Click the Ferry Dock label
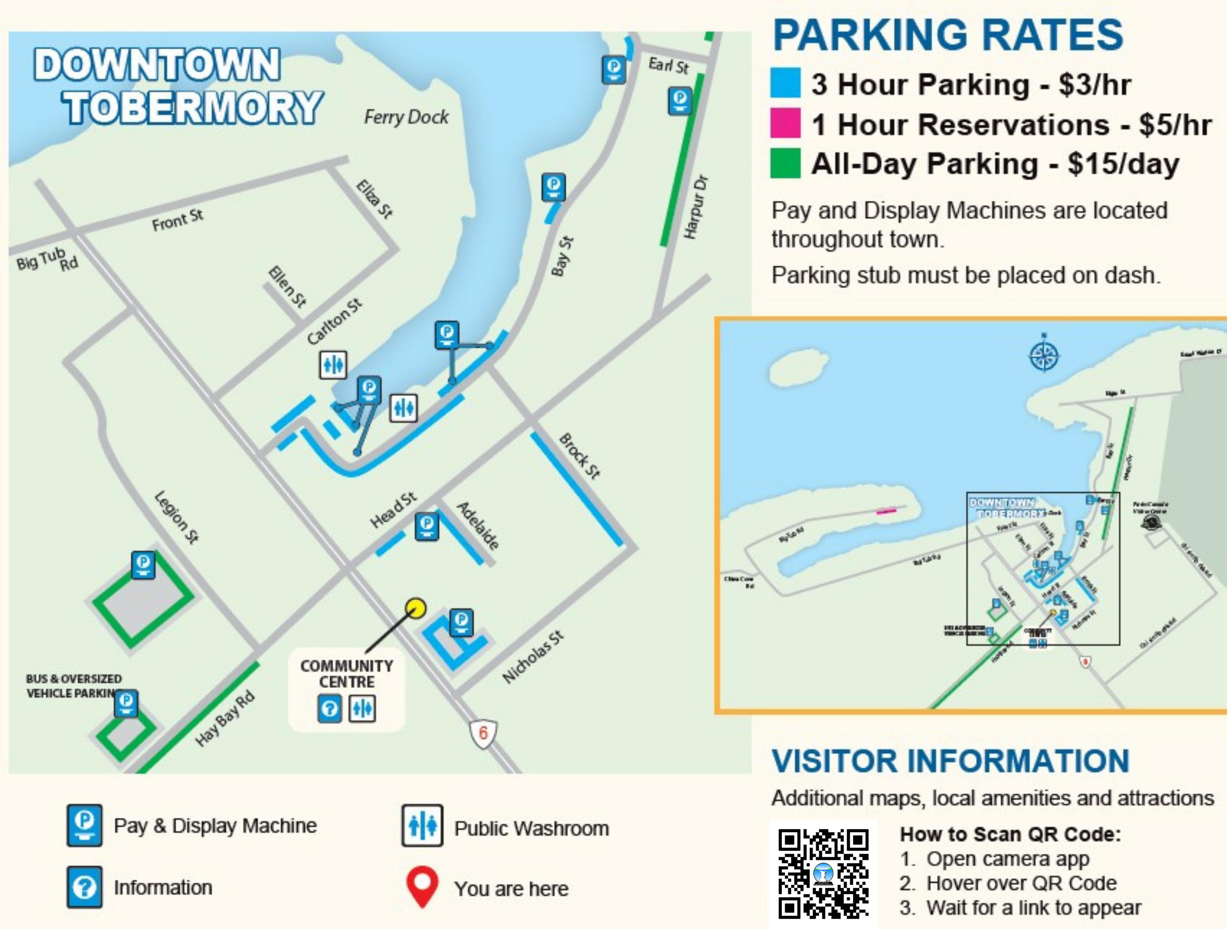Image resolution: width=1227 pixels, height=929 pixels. pos(406,117)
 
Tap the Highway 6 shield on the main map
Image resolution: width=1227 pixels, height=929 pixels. pos(483,733)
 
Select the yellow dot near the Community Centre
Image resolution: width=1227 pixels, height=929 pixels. pos(415,608)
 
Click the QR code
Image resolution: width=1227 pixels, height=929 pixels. pos(823,874)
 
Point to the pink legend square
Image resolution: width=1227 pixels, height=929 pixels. pos(785,123)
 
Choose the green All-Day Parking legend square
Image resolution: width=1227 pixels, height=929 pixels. pos(785,163)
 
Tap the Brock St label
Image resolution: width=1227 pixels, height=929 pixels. pos(580,456)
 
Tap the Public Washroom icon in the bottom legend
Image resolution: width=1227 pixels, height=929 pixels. pos(422,826)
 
